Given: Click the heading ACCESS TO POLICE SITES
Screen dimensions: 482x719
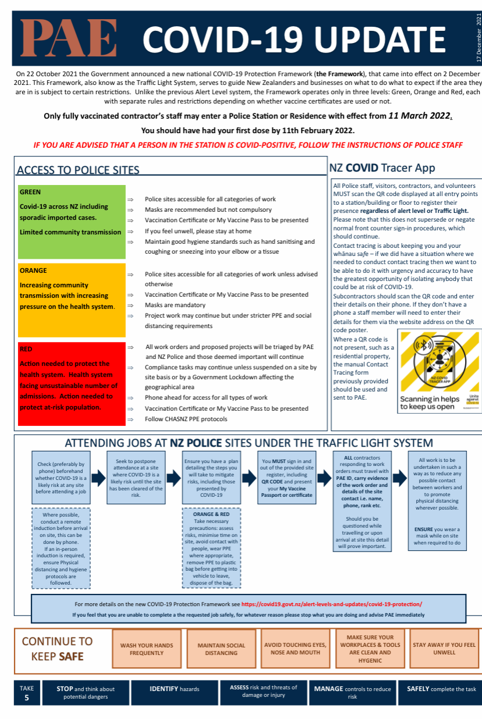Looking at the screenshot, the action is point(78,170).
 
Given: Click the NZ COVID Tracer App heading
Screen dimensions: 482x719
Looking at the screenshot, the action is point(382,168).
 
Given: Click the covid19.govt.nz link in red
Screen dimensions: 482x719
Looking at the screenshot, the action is point(331,604).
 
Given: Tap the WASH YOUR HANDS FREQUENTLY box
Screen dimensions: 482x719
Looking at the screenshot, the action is point(147,649).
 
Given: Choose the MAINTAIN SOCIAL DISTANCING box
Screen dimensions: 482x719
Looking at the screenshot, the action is point(221,649).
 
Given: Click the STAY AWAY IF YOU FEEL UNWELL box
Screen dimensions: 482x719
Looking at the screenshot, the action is point(444,649).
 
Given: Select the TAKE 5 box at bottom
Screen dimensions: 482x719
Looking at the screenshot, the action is point(27,693).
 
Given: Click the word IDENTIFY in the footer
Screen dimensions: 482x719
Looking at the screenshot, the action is point(165,689).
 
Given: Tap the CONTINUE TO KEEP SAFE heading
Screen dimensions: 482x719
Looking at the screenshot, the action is point(57,649).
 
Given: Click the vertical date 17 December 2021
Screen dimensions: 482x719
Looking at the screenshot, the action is point(479,39).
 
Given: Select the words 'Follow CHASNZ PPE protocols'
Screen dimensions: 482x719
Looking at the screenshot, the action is point(186,419).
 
